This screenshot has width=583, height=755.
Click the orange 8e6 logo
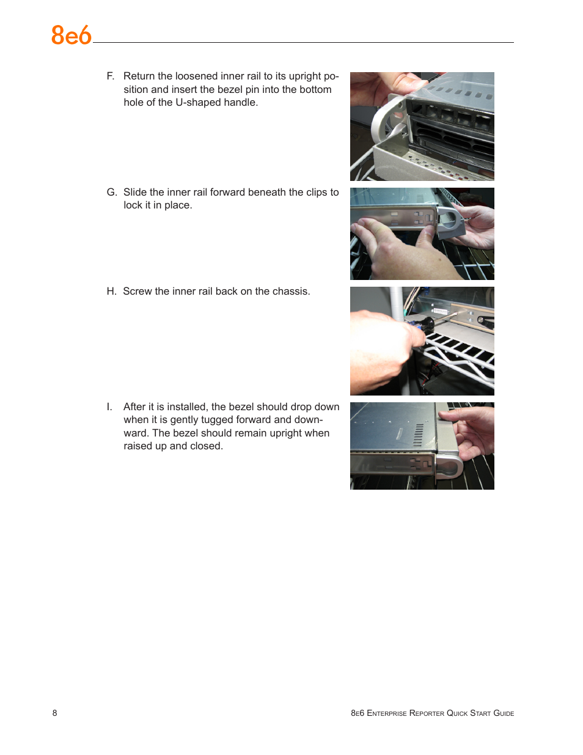point(71,35)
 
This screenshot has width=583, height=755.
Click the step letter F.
point(110,76)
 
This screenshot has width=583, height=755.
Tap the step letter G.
point(111,193)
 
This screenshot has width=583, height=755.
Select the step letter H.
point(111,292)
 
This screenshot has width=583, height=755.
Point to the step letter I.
point(109,407)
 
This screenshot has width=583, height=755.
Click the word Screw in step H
point(137,292)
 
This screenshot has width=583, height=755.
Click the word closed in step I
point(206,446)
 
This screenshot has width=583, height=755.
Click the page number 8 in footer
point(55,713)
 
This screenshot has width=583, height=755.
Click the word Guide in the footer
point(504,713)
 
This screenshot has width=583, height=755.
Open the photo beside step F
point(422,127)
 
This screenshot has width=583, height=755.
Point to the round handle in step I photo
point(450,468)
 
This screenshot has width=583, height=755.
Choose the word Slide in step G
point(135,193)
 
